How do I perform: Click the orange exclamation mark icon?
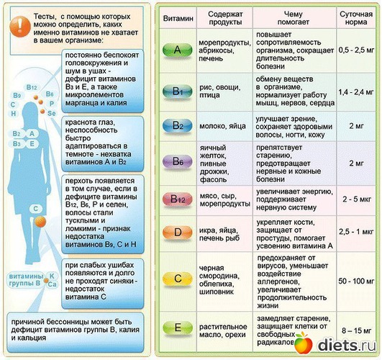pyautogui.click(x=20, y=27)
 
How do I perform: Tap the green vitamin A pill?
pyautogui.click(x=178, y=50)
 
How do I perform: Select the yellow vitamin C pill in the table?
pyautogui.click(x=178, y=279)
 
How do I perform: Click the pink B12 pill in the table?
pyautogui.click(x=178, y=199)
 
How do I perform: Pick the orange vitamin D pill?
pyautogui.click(x=178, y=233)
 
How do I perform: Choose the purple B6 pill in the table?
pyautogui.click(x=178, y=162)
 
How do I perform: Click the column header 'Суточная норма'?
pyautogui.click(x=356, y=18)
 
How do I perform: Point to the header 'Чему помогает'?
pyautogui.click(x=294, y=18)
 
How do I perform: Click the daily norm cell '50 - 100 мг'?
pyautogui.click(x=356, y=281)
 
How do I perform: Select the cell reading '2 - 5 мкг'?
pyautogui.click(x=357, y=199)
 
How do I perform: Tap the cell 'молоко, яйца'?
pyautogui.click(x=223, y=126)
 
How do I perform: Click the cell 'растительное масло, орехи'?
pyautogui.click(x=223, y=330)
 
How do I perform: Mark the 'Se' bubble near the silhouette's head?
pyautogui.click(x=52, y=113)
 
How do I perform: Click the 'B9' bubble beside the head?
pyautogui.click(x=17, y=95)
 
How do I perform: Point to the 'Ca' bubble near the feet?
pyautogui.click(x=52, y=284)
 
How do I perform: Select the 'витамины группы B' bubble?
pyautogui.click(x=24, y=280)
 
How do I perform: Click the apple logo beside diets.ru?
pyautogui.click(x=303, y=342)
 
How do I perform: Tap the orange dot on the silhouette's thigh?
pyautogui.click(x=40, y=222)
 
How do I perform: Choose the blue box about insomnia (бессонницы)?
pyautogui.click(x=76, y=333)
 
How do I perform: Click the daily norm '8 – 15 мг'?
pyautogui.click(x=356, y=330)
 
